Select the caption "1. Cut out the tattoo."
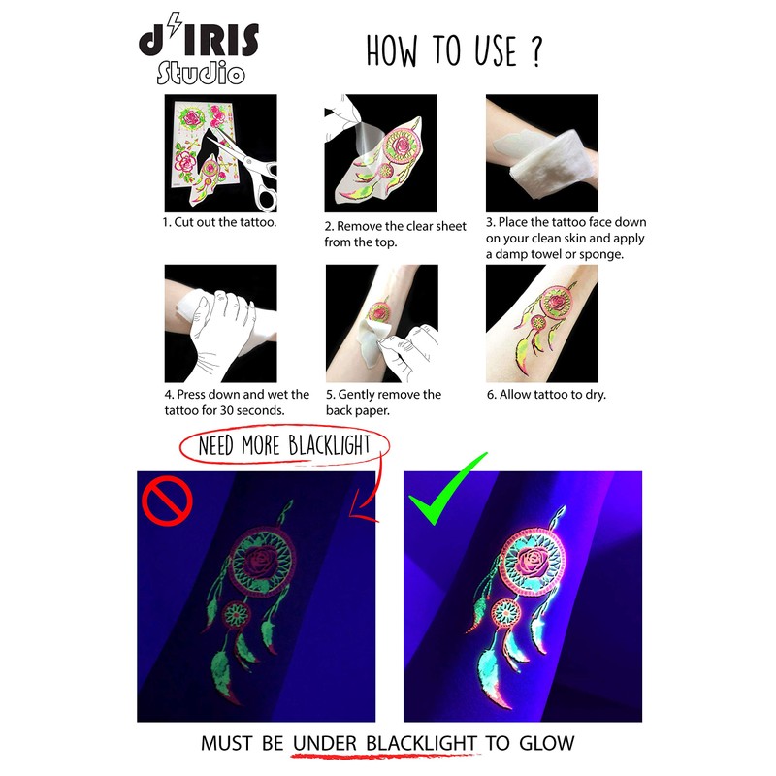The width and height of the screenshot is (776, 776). tap(219, 222)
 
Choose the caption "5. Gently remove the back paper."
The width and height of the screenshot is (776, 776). tap(382, 403)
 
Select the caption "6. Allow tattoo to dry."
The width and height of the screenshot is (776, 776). tap(546, 395)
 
